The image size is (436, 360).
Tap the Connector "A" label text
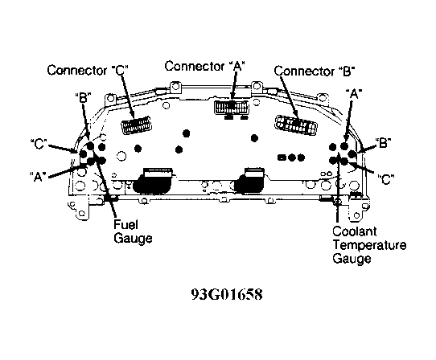coord(204,67)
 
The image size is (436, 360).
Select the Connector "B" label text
coord(315,71)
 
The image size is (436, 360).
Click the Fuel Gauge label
coord(133,231)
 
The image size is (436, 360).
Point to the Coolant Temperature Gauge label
coord(369,245)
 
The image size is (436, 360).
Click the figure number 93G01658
coord(227,294)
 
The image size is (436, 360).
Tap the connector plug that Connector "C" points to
coord(136,125)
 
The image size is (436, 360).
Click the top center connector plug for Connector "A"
coord(232,107)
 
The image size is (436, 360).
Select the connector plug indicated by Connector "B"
coord(296,125)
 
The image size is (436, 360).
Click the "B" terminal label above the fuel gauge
coord(84,97)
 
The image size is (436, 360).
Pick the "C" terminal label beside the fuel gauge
coord(39,144)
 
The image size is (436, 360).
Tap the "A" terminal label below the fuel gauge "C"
coord(38,177)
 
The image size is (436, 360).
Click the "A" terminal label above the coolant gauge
coord(354,94)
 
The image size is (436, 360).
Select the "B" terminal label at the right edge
coord(383,143)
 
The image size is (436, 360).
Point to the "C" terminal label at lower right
coord(386,179)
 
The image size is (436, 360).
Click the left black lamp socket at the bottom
coord(154,181)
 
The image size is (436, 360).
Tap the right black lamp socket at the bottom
coord(250,181)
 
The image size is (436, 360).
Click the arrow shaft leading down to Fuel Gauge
coord(105,185)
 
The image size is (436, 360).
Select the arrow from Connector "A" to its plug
coord(234,85)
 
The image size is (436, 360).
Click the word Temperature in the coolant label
coord(369,245)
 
